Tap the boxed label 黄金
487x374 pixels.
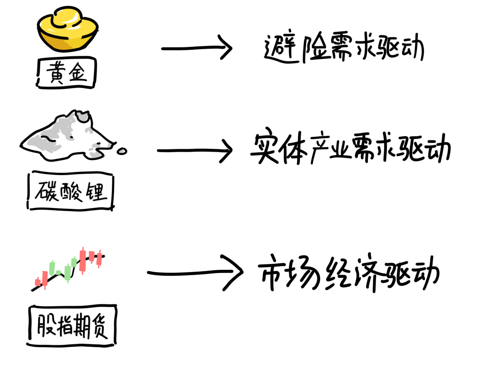pyautogui.click(x=66, y=73)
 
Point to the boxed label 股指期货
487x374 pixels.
pyautogui.click(x=72, y=326)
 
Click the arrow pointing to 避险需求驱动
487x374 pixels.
pyautogui.click(x=197, y=48)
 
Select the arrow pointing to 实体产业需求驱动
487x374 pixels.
pyautogui.click(x=195, y=151)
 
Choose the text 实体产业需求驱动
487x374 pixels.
pyautogui.click(x=351, y=147)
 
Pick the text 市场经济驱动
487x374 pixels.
pyautogui.click(x=349, y=273)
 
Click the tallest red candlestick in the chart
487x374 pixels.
pyautogui.click(x=83, y=261)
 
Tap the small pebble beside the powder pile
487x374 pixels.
pyautogui.click(x=122, y=151)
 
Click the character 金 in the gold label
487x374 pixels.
pyautogui.click(x=78, y=72)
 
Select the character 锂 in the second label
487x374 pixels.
pyautogui.click(x=96, y=191)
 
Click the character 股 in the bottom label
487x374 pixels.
pyautogui.click(x=46, y=325)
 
